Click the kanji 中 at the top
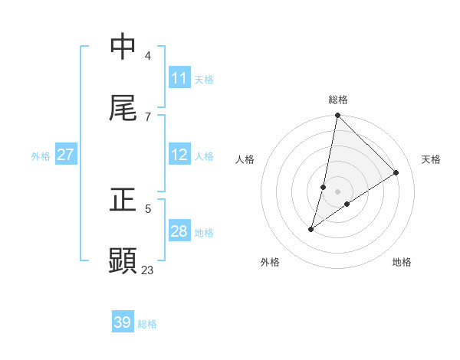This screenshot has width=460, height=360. (123, 47)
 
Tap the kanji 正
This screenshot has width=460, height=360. (123, 200)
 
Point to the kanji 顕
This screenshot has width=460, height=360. (123, 260)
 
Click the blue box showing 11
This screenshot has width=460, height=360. (179, 78)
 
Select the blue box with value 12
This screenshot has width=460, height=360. (179, 155)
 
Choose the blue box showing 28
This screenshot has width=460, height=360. (179, 231)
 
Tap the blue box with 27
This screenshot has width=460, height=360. (65, 155)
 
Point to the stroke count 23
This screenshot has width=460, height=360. (148, 269)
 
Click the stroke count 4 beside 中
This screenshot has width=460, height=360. (148, 55)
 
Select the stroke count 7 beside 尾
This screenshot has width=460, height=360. (148, 116)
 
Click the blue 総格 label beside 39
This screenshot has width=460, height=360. (147, 324)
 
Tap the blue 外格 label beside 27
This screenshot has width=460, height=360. (41, 156)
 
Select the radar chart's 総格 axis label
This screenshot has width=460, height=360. (337, 100)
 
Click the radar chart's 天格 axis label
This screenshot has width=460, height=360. (431, 159)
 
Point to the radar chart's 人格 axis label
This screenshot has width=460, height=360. (245, 159)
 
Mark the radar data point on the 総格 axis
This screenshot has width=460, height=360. (337, 116)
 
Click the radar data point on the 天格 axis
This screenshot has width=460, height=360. (396, 172)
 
